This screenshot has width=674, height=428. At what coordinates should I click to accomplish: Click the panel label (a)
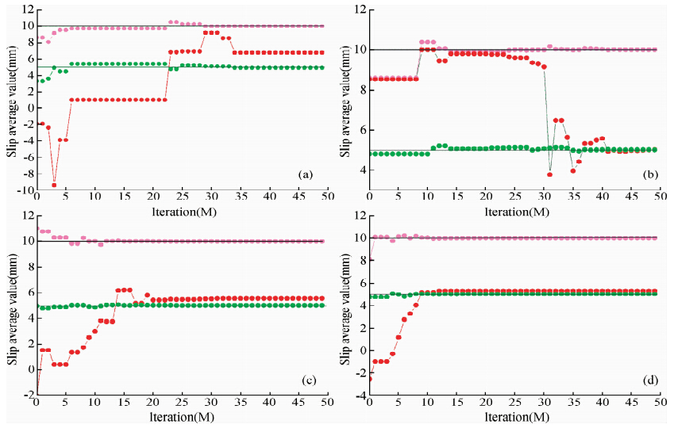(303, 173)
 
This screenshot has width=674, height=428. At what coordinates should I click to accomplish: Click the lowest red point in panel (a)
(54, 185)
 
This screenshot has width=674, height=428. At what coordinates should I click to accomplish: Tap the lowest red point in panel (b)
(549, 174)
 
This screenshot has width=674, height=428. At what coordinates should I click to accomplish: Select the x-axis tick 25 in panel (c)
(182, 403)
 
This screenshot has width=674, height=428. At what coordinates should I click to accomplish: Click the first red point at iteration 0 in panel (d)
(369, 379)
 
